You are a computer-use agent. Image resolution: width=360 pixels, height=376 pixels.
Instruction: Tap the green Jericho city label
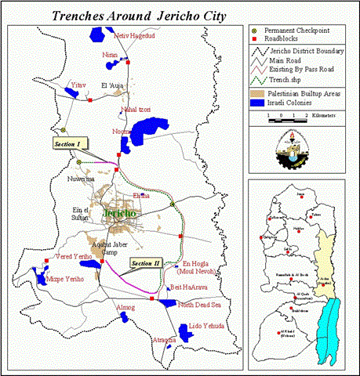coord(119,213)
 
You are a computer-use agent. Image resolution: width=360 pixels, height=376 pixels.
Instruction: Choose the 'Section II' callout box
coord(145,263)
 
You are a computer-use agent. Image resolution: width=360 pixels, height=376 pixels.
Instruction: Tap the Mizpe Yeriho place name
coord(65,278)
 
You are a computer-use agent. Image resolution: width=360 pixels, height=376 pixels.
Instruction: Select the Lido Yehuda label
coord(208,325)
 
